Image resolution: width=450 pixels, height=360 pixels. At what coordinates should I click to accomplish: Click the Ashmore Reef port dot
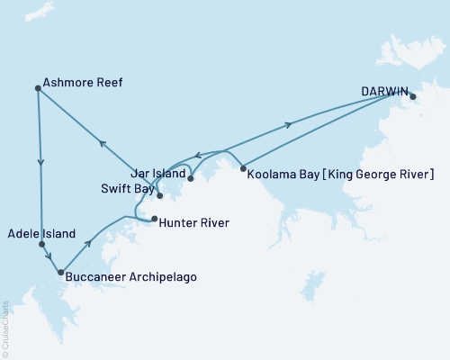37,88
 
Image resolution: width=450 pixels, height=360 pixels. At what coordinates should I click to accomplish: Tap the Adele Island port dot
41,244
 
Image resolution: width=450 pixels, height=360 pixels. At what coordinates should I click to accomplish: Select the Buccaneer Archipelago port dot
60,272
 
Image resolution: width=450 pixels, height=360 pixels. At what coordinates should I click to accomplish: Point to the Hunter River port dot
154,219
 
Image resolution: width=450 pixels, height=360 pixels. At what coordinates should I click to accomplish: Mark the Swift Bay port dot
159,195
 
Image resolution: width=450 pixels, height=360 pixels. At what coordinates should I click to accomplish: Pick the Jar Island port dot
191,179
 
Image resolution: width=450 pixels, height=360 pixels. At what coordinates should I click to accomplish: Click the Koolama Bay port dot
243,168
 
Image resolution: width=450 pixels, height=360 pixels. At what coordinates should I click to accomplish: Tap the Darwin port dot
413,96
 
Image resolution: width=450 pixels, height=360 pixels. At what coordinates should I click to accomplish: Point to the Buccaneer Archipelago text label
130,277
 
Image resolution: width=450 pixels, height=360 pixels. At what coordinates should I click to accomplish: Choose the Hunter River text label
193,222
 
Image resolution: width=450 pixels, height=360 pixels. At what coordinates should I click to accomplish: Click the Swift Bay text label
126,190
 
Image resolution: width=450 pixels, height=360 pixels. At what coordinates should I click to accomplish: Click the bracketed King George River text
374,173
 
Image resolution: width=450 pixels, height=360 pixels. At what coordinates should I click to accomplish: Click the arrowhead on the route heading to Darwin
289,125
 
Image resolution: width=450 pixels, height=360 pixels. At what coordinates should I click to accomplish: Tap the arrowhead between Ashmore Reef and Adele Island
40,164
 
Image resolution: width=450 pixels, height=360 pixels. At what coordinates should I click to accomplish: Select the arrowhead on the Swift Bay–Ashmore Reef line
103,143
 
